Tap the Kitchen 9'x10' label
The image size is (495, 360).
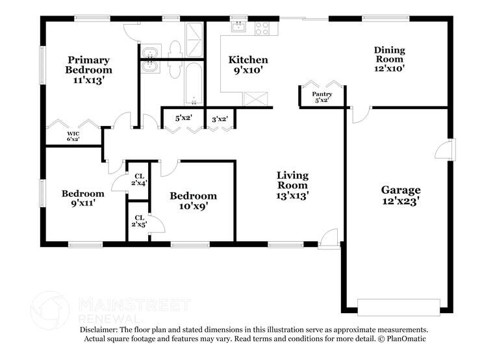coord(248,64)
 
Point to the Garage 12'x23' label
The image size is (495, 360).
coord(400,196)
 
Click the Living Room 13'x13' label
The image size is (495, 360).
coord(292,185)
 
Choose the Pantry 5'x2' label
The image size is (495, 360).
coord(322,97)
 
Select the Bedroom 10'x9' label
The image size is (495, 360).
coord(193,201)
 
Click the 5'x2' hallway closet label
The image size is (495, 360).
coord(183,118)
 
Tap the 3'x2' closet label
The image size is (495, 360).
coord(220,118)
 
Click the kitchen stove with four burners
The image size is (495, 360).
coord(262,28)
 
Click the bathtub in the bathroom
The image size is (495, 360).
coord(193,83)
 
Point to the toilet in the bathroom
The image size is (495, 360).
coord(174,48)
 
